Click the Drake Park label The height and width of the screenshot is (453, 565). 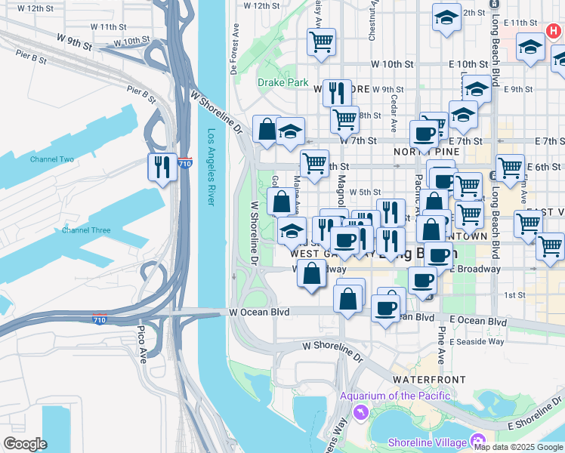[x=282, y=82]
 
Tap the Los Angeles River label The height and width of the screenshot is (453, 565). [x=212, y=168]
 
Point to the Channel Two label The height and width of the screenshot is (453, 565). [x=52, y=159]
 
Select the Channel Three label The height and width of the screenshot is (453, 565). [x=86, y=230]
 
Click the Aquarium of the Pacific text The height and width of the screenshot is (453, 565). [x=395, y=396]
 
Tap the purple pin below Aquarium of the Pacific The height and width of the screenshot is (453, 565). [x=360, y=412]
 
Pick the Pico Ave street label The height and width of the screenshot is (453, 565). [x=143, y=344]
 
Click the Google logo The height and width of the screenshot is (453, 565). [x=25, y=444]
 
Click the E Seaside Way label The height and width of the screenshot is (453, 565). [x=477, y=341]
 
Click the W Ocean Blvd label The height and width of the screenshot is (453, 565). [x=259, y=311]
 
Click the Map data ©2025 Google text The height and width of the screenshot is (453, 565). [x=519, y=447]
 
